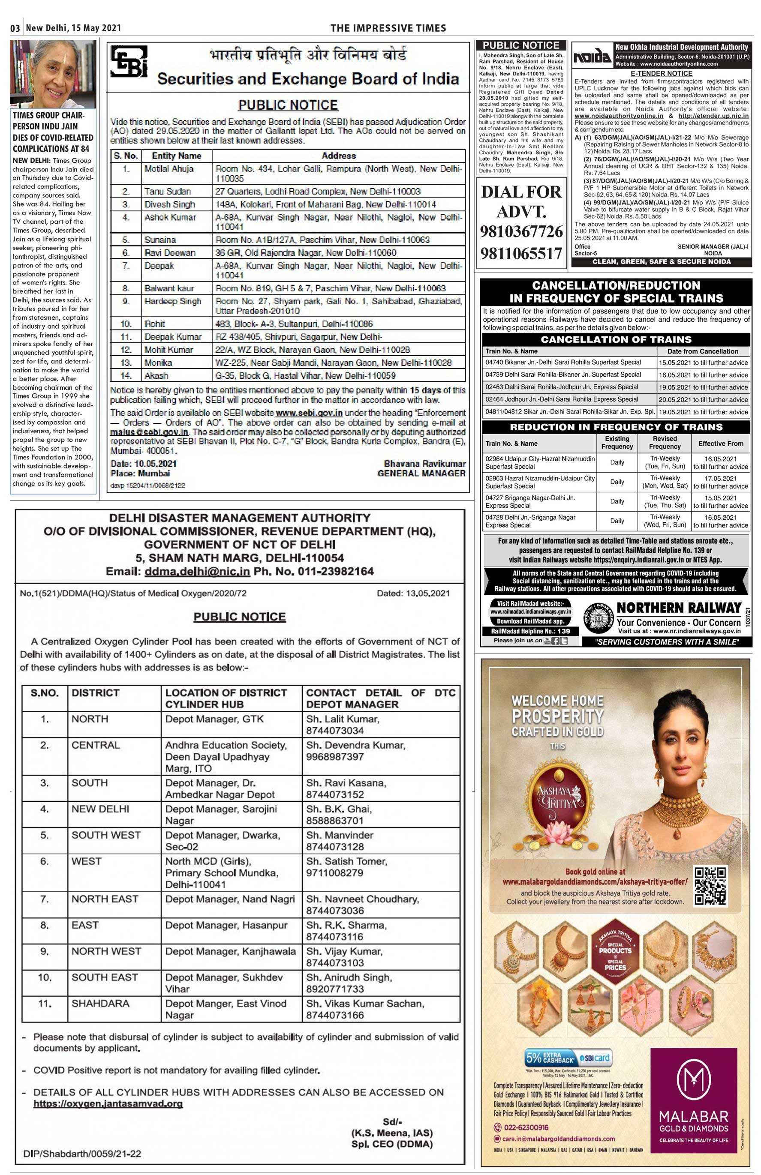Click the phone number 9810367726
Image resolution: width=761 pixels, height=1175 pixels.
(521, 231)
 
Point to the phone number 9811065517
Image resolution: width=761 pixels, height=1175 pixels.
(521, 254)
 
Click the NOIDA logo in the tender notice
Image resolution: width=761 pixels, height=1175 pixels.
(592, 58)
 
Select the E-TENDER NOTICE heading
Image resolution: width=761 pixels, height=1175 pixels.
(661, 74)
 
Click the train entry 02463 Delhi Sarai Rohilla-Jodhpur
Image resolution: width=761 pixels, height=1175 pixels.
(562, 387)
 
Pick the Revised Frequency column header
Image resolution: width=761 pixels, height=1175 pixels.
(665, 442)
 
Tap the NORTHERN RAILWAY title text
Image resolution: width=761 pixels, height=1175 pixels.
(679, 608)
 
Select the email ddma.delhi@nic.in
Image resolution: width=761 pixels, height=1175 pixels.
(197, 572)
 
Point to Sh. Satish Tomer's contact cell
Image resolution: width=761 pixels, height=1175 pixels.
(347, 867)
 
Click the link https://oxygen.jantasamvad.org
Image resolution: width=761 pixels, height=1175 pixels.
(108, 1104)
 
